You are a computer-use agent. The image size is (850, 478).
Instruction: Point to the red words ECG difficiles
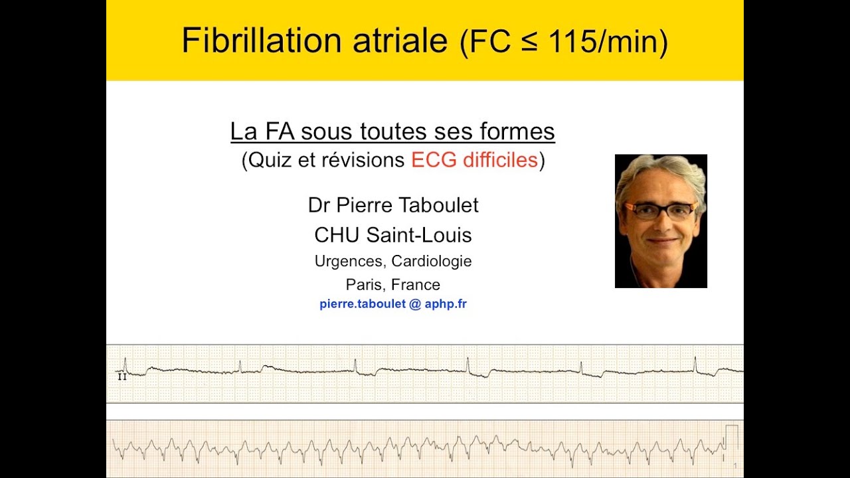point(474,161)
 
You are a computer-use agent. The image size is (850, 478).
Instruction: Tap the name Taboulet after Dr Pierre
point(440,206)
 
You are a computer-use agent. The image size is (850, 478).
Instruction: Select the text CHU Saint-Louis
point(393,234)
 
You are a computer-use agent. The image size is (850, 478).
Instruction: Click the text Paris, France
point(393,285)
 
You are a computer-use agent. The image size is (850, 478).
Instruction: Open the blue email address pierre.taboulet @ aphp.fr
point(393,305)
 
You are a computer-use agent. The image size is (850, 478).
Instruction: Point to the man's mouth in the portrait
point(661,241)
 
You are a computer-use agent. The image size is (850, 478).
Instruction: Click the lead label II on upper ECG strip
point(122,376)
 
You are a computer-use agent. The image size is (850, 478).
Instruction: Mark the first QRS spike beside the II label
point(126,364)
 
